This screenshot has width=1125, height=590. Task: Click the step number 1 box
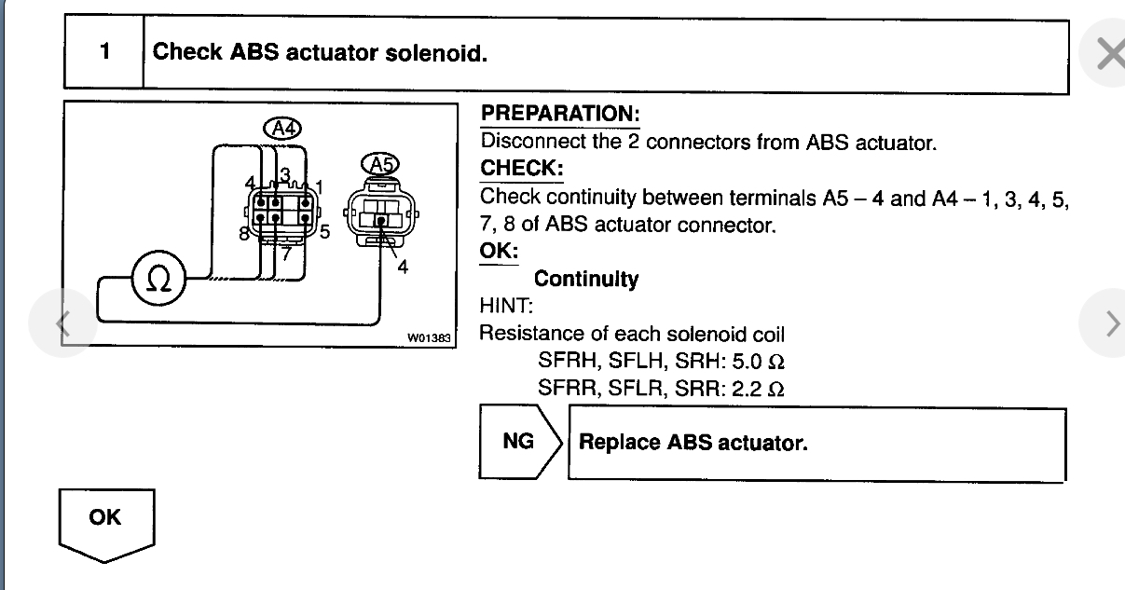104,52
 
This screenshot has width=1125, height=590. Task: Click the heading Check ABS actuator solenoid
320,52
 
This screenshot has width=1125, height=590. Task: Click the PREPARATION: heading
559,114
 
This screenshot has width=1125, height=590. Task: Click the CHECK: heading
522,169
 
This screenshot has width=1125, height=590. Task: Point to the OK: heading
499,252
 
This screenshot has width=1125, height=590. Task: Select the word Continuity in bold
586,279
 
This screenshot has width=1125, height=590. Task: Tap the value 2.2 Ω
758,389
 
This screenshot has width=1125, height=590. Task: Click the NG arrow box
520,442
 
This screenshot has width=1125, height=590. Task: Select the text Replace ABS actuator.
693,443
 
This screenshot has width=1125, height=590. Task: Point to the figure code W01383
431,338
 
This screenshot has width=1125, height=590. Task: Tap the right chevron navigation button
1111,323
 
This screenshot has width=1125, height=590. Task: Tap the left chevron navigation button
63,323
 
